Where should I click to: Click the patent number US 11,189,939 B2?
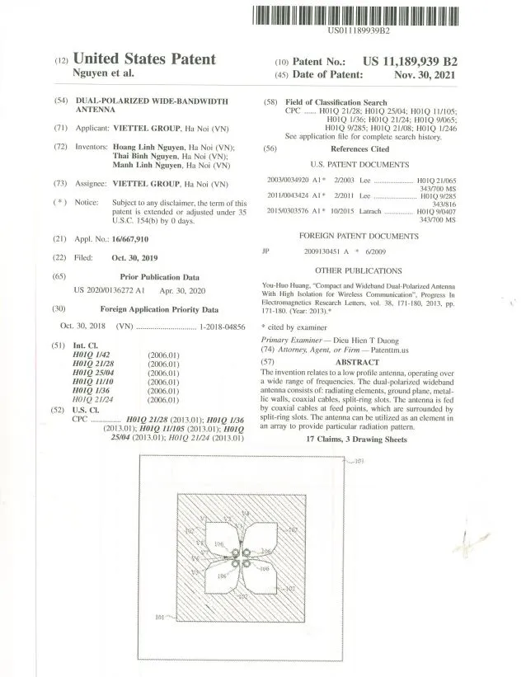point(410,61)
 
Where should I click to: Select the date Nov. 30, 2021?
point(425,74)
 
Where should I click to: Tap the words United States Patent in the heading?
point(144,59)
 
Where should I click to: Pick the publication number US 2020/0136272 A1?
point(110,291)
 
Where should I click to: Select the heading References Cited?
point(359,149)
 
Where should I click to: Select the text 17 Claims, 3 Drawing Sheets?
point(356,440)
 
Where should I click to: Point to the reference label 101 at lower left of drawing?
point(162,615)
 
